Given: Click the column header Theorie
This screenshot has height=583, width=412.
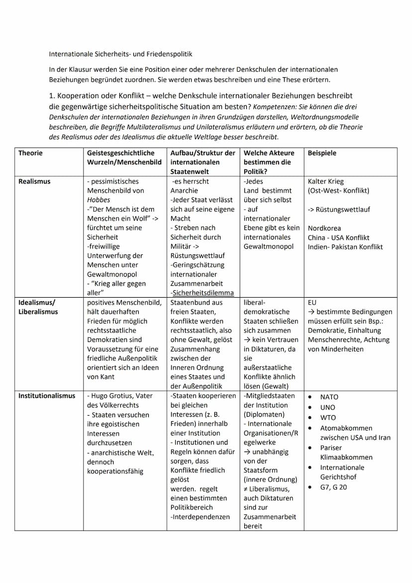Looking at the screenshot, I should click(x=30, y=153).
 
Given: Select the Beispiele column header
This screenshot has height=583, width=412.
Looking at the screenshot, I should click(x=322, y=153).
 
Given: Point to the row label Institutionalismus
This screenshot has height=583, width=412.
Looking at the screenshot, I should click(x=47, y=396).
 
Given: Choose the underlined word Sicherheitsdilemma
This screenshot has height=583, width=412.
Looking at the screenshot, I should click(x=203, y=293).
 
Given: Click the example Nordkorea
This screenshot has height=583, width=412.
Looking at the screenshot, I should click(x=324, y=228).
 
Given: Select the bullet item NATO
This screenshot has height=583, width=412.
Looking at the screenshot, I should click(x=329, y=397).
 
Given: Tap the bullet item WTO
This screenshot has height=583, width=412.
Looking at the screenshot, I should click(x=328, y=418).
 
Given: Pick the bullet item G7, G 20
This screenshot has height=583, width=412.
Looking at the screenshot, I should click(x=333, y=487).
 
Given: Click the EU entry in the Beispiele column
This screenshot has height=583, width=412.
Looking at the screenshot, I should click(x=312, y=302).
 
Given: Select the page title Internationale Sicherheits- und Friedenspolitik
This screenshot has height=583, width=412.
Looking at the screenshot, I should click(x=120, y=53).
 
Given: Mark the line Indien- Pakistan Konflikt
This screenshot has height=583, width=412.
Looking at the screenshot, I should click(x=345, y=246).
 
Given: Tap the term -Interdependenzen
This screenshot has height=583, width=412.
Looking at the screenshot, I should click(x=200, y=517).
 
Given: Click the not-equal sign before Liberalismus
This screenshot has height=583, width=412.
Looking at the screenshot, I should click(x=246, y=489).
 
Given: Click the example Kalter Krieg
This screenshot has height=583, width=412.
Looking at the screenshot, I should click(x=325, y=181).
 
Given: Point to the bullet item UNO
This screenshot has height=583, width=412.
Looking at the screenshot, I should click(x=328, y=407).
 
